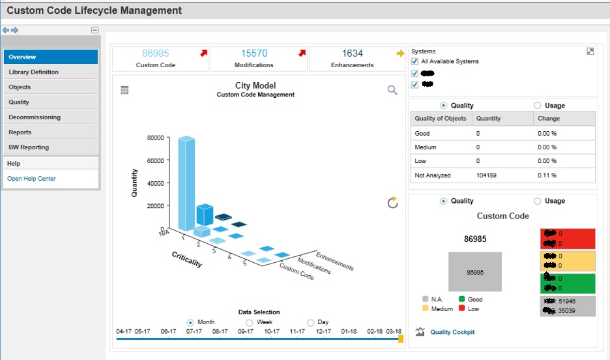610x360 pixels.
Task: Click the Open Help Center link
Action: (31, 179)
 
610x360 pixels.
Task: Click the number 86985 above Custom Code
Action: (156, 53)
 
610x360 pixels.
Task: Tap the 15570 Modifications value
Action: (254, 53)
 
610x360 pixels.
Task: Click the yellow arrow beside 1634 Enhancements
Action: (400, 53)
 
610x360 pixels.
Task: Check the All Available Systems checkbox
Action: (414, 61)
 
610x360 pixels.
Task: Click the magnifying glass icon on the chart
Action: (392, 90)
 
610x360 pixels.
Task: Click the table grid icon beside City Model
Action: (125, 91)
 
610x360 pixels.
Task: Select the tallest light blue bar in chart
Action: (186, 183)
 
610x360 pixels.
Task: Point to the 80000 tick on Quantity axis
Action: (154, 138)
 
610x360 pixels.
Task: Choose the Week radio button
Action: (249, 322)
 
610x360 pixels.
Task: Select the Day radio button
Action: (310, 322)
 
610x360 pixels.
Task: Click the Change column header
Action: (548, 119)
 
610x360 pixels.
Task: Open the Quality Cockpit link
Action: (452, 332)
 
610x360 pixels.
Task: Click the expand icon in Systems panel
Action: (590, 52)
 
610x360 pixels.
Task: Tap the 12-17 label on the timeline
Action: (323, 332)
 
